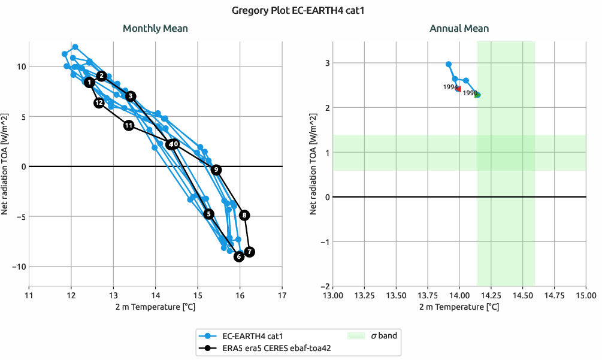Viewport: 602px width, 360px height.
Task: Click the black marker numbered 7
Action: pos(250,252)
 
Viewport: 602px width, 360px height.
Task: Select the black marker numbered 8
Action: pos(244,215)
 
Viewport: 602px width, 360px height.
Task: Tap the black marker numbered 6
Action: pos(238,257)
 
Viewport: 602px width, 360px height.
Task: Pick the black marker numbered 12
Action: pos(99,103)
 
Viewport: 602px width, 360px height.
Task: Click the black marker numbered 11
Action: pos(129,125)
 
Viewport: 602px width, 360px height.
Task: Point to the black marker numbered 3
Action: pos(131,96)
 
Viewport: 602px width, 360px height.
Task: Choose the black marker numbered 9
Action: pos(216,170)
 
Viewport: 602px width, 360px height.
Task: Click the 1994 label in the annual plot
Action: pos(450,87)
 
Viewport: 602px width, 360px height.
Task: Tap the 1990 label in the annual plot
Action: pos(470,93)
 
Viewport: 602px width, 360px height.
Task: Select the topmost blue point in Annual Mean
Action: pos(449,64)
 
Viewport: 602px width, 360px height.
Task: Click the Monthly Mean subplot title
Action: pos(155,28)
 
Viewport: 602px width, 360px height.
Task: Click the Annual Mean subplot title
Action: pos(459,28)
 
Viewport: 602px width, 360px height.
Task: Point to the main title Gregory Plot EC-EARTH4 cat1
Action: pos(301,10)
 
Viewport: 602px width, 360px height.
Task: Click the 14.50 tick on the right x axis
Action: pos(522,295)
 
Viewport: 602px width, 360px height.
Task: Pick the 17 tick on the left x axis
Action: pos(282,295)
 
